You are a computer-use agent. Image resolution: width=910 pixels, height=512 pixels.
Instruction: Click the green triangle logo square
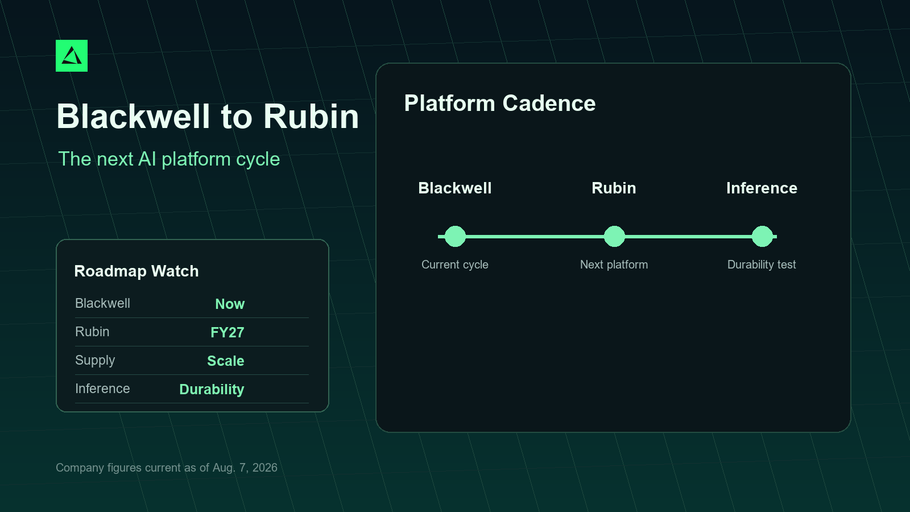tap(72, 56)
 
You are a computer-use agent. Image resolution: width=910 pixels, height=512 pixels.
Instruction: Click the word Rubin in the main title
tap(311, 117)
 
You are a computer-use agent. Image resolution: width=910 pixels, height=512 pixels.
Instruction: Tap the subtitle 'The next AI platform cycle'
tap(169, 159)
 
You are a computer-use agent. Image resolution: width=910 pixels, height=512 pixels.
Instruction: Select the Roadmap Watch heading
tap(136, 271)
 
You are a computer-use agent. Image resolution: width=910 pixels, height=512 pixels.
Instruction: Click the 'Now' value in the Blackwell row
tap(230, 304)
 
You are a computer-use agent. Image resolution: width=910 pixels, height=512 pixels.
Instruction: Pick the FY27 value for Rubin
tap(227, 332)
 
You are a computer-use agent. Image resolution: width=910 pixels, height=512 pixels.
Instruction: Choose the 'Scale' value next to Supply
tap(226, 361)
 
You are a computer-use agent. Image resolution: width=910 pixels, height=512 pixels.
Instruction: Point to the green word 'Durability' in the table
tap(212, 389)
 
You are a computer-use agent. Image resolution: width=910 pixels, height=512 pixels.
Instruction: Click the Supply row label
tap(95, 361)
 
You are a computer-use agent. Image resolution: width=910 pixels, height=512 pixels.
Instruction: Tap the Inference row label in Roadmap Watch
tap(102, 389)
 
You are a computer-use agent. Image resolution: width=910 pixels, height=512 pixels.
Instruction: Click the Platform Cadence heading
tap(500, 103)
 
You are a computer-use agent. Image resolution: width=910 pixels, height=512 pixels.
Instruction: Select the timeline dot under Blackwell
tap(455, 237)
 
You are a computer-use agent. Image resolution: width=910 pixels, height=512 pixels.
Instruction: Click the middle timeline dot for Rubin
tap(614, 237)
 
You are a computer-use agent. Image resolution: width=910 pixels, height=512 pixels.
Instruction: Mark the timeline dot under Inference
tap(762, 237)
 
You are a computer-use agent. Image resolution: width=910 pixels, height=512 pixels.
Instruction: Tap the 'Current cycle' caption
tap(455, 265)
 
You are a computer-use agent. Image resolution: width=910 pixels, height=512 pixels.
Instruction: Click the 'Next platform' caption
tap(614, 265)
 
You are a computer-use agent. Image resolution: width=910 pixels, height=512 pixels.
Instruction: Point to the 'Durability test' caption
tap(762, 265)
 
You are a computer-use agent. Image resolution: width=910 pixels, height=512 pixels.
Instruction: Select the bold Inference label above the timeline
tap(762, 188)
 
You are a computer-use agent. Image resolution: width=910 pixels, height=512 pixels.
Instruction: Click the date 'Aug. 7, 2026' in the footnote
tap(245, 468)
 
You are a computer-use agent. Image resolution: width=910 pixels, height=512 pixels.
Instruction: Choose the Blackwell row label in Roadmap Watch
tap(102, 303)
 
